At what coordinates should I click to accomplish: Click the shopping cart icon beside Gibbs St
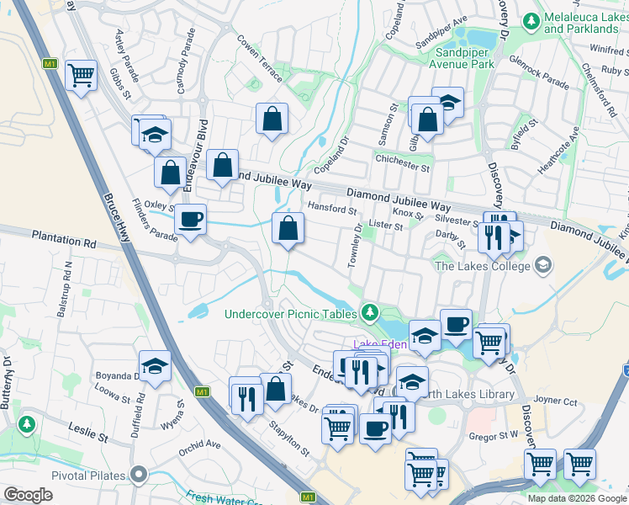[81, 77]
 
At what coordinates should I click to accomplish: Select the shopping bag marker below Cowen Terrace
[272, 120]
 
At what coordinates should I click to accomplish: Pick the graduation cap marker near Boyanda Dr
[155, 367]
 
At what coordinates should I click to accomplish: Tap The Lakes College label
[482, 267]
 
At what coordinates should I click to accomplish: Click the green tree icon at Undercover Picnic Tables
[369, 313]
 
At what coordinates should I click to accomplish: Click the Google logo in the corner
[28, 495]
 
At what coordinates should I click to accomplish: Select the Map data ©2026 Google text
[577, 498]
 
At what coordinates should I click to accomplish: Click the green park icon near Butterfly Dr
[28, 422]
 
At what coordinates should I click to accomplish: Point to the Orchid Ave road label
[198, 444]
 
